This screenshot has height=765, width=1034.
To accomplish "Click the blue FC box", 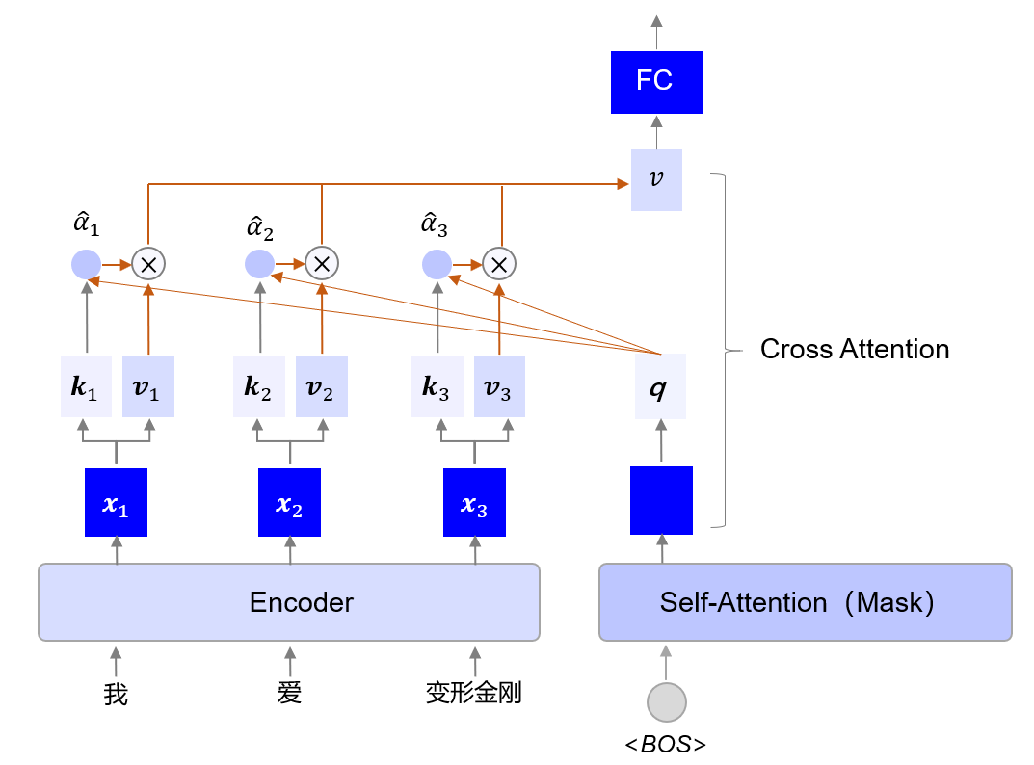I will coord(656,82).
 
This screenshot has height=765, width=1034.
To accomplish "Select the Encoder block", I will coord(288,602).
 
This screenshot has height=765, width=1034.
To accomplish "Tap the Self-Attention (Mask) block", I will coord(805,602).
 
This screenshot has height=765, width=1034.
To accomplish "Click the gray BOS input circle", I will coord(666,702).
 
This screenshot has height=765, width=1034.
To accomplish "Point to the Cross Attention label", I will coord(854,349).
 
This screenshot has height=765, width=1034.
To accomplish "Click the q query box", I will coord(660,387).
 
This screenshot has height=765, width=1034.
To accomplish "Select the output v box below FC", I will coord(656,180).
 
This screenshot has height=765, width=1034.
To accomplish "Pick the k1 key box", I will coord(86,387).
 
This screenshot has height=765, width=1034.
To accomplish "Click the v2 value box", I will coord(321,387).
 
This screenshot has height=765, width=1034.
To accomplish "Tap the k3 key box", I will coord(437,387).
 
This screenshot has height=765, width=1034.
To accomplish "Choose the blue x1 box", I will coord(117,502).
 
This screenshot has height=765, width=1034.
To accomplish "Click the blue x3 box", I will coord(474,502).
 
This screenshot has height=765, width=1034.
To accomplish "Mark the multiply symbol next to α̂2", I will coord(322,262).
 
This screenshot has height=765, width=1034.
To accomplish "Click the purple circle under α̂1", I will coord(86,262).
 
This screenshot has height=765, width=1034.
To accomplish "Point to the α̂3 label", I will coord(436,227).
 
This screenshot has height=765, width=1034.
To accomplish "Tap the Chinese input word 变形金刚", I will coord(474,692).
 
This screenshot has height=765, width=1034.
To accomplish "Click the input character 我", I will coord(116,694).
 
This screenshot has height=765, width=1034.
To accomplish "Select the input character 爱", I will coord(289,692).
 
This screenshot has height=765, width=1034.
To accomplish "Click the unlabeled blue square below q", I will coord(661,500).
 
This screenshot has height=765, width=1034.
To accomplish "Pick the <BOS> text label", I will coord(665,744).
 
